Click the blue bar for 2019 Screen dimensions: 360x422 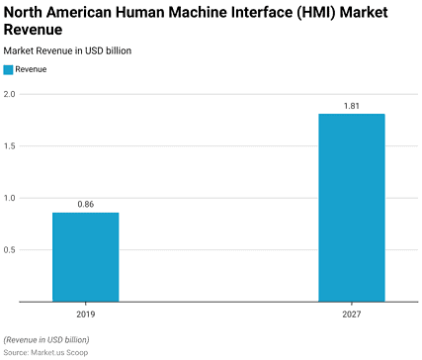click(85, 257)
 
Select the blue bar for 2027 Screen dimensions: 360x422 click(351, 208)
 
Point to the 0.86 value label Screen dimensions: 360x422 click(85, 204)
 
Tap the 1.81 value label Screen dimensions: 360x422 click(351, 105)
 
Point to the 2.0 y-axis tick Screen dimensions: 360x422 click(9, 94)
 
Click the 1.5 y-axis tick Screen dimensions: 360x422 click(9, 146)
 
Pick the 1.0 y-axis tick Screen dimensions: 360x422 click(9, 198)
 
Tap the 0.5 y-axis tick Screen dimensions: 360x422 click(9, 249)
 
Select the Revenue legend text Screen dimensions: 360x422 click(32, 69)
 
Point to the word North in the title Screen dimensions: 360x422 click(25, 11)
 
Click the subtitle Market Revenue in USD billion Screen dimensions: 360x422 click(67, 49)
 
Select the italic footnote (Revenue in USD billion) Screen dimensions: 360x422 click(45, 339)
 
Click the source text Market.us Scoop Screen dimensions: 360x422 click(57, 351)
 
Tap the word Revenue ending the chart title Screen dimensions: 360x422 click(36, 30)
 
